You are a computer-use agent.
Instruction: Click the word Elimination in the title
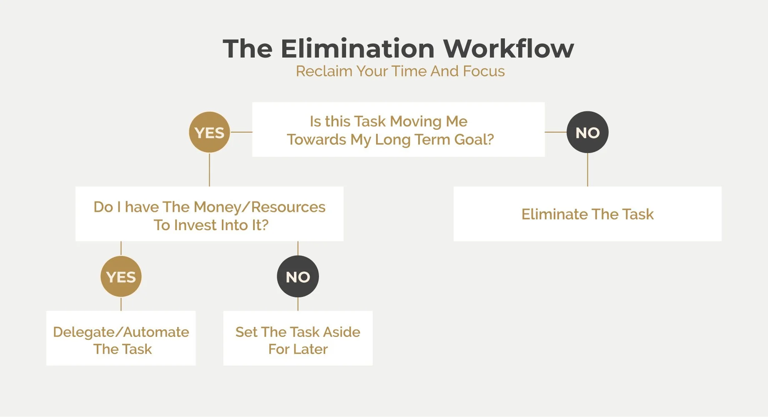358,49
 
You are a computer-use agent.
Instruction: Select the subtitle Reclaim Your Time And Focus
400,71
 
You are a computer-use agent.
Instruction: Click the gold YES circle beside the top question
209,132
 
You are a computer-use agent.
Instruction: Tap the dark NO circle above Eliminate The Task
587,132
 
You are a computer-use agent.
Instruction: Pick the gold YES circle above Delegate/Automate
121,276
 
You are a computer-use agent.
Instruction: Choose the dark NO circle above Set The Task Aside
298,276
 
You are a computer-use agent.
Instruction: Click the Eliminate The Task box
587,214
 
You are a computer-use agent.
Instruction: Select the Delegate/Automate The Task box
121,338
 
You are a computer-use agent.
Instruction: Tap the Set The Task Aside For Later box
298,338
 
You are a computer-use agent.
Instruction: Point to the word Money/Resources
259,207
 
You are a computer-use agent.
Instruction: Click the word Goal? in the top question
474,139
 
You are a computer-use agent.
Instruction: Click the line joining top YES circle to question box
241,132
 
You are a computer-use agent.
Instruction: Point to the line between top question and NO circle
555,132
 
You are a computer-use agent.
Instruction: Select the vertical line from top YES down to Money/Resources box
209,170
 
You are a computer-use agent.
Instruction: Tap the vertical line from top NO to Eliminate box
587,170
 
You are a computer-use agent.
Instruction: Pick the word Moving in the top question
416,121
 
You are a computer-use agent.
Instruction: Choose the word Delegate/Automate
121,332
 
